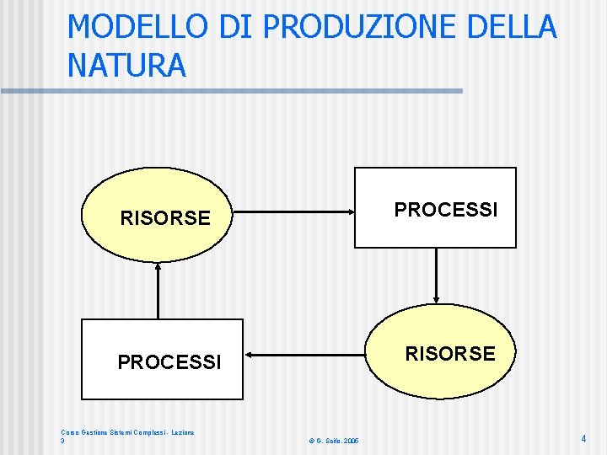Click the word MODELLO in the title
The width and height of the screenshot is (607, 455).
point(137,27)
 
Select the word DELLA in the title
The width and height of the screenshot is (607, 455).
point(513,27)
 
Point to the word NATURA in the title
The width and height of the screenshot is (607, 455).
point(126,65)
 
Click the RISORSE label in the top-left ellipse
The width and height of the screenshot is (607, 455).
point(165,219)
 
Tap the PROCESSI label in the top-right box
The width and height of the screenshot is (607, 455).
point(446,209)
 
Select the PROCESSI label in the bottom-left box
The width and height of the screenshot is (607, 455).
point(169,362)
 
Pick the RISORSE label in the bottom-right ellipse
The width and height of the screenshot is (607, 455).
point(450,354)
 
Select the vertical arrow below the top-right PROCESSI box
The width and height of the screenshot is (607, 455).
point(436,275)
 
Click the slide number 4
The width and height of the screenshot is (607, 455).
point(583,438)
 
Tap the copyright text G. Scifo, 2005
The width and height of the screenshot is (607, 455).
point(334,441)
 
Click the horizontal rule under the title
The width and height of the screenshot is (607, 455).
point(232,90)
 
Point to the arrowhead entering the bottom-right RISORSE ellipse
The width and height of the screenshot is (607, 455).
point(436,297)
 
